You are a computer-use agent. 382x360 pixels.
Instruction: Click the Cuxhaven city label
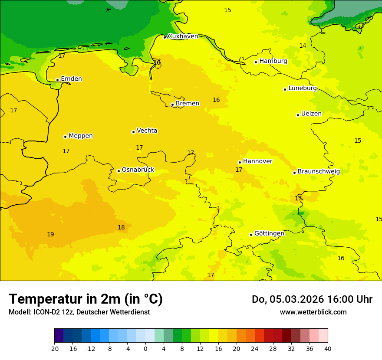pos(183,36)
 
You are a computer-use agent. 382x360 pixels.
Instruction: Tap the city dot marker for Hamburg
pos(256,62)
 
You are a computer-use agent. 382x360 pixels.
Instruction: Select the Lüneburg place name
pos(302,88)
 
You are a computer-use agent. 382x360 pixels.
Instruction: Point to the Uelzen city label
pos(311,114)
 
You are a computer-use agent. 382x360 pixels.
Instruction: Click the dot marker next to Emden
pos(57,80)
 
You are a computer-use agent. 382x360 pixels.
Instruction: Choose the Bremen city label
pos(187,104)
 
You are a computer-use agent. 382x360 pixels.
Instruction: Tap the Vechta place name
pos(147,131)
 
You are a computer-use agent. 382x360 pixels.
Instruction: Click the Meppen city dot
pos(65,137)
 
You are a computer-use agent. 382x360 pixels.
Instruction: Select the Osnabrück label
pos(138,170)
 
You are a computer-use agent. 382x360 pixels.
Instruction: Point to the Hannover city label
pos(257,161)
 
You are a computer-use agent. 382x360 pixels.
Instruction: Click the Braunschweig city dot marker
pos(294,173)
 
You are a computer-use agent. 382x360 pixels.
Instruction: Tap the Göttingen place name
pos(269,233)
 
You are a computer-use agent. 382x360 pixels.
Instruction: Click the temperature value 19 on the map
pos(50,235)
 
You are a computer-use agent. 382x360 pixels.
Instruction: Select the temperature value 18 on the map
pos(121,228)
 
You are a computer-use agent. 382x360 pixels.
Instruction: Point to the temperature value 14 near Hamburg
pos(303,46)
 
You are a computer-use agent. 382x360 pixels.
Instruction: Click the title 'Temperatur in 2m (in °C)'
pos(86,299)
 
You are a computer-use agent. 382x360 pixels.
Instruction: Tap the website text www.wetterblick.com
pos(313,312)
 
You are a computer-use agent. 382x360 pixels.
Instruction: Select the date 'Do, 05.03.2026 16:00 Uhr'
pos(312,299)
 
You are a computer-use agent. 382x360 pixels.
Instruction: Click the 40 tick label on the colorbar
pos(328,348)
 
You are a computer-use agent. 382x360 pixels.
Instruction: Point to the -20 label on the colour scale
pos(54,348)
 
